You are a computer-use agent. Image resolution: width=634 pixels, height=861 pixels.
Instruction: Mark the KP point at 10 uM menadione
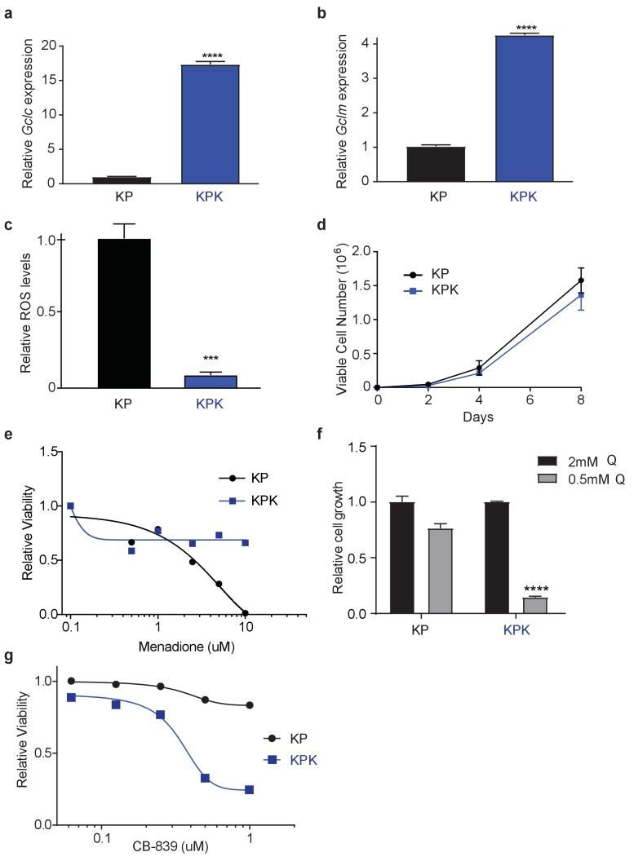click(x=245, y=613)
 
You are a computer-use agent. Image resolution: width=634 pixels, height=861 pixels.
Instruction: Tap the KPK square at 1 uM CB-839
click(x=250, y=789)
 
